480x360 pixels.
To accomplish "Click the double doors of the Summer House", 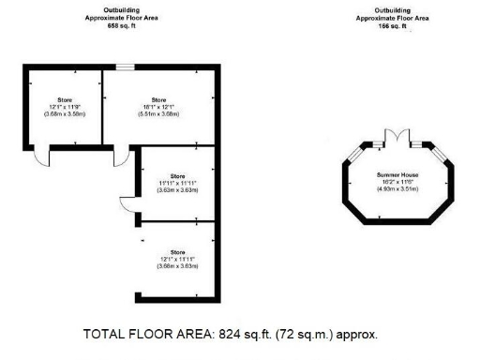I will tap(398, 138).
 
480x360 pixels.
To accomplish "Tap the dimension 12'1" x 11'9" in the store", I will tap(65, 106).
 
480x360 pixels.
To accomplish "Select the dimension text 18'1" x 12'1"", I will tap(158, 106).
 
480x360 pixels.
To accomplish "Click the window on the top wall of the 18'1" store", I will tap(124, 66).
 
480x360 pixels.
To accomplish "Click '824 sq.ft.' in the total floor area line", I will tap(247, 335).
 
